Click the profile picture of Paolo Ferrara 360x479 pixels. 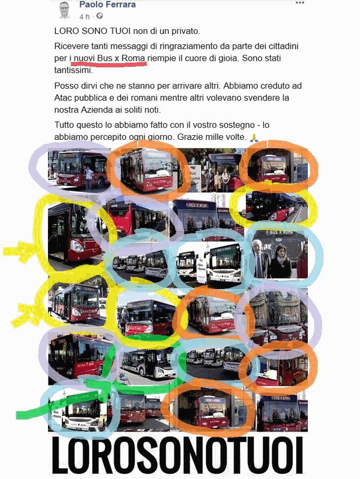[x=64, y=10]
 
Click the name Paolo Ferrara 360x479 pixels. [x=108, y=5]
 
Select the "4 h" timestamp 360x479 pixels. [x=85, y=16]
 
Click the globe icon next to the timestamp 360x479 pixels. [x=99, y=16]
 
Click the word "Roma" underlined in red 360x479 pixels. [x=133, y=57]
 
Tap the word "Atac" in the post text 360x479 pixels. [x=66, y=98]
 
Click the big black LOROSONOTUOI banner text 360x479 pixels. [x=178, y=453]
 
